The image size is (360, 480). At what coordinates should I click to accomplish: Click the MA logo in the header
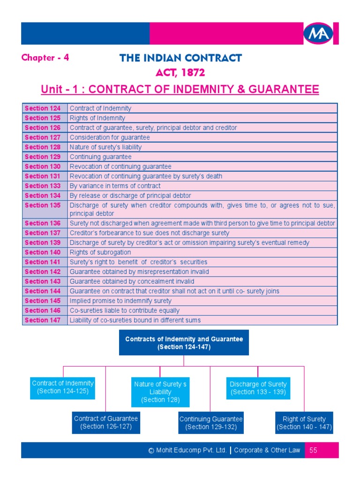318,34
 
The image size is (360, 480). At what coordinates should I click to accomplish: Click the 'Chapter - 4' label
45,58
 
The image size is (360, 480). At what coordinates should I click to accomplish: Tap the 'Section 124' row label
43,108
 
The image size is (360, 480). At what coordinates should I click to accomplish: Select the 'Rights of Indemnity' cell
97,118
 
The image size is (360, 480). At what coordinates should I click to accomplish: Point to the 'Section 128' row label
43,147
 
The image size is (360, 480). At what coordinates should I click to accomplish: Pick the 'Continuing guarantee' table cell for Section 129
101,157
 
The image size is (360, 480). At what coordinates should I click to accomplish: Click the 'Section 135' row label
43,205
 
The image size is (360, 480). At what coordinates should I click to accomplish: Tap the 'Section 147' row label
43,320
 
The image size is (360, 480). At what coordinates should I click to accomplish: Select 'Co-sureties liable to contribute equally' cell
125,310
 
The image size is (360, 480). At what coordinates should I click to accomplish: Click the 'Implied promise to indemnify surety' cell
120,301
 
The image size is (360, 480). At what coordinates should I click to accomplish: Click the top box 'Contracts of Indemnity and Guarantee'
184,343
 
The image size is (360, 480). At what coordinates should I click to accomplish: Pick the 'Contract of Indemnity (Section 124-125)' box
63,387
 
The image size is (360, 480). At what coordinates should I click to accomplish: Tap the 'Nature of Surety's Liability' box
160,392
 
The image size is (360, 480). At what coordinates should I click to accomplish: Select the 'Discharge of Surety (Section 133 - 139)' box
258,388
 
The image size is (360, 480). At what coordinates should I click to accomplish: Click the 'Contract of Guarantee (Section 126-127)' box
106,422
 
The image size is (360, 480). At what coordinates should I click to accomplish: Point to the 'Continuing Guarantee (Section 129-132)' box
211,423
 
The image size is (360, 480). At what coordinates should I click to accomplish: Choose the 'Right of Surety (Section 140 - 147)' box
304,423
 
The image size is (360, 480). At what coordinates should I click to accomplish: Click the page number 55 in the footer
314,450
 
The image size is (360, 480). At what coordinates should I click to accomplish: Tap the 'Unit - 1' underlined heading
180,90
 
